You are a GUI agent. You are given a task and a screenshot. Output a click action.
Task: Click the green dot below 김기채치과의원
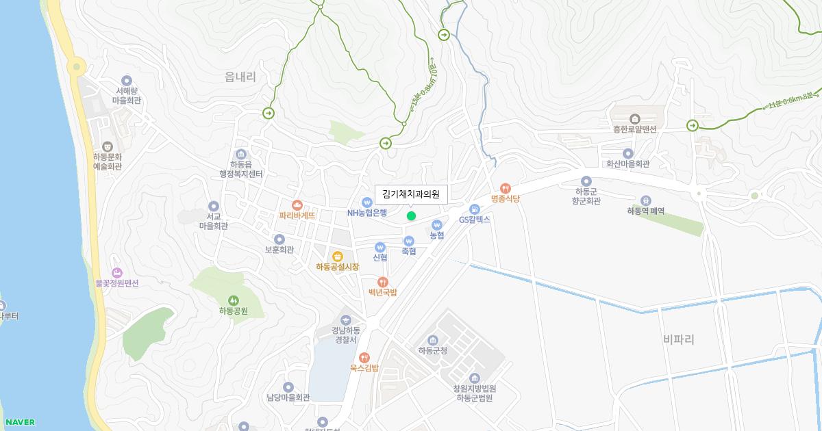(x=411, y=216)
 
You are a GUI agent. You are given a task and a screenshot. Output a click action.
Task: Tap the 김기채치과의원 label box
(x=411, y=195)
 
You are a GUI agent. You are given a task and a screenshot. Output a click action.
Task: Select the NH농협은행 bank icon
(x=367, y=203)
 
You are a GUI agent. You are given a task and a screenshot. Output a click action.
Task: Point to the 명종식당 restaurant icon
(x=506, y=188)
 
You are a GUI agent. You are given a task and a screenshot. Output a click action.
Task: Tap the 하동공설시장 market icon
(x=337, y=257)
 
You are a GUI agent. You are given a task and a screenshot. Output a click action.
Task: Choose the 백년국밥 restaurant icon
(x=383, y=282)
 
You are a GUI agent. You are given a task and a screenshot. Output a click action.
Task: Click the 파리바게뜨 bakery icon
(x=297, y=205)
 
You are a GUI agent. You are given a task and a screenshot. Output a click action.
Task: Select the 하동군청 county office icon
(x=432, y=340)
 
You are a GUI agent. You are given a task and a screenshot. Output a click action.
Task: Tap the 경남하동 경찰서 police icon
(x=345, y=319)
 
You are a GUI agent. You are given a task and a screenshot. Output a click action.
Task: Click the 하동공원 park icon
(x=234, y=300)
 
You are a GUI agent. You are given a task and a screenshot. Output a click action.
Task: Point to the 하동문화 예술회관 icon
(x=108, y=146)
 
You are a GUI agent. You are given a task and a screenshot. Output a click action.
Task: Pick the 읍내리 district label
(x=240, y=77)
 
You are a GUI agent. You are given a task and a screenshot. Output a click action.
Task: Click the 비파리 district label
(x=679, y=339)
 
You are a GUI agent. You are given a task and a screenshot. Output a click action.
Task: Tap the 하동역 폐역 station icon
(x=645, y=200)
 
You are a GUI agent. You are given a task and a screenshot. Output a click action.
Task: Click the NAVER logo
(x=19, y=422)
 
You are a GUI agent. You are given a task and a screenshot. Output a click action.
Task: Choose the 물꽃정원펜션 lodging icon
(x=116, y=273)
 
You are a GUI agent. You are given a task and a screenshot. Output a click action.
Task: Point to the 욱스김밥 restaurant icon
(x=364, y=357)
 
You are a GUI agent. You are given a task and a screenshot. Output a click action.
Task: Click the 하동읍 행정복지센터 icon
(x=240, y=154)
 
